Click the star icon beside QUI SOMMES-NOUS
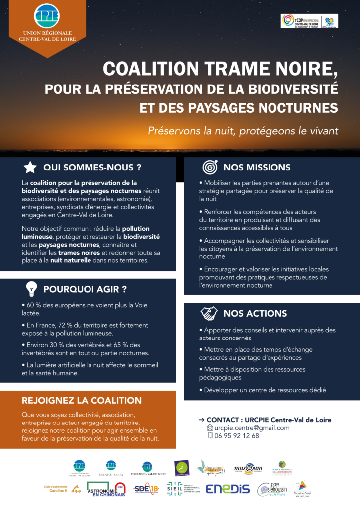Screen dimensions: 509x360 [30, 167]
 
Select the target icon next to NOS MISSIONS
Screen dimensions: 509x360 [209, 167]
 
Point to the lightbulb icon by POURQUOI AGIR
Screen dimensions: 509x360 [31, 289]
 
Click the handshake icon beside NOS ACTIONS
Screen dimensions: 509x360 [209, 313]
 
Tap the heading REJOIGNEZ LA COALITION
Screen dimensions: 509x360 [82, 400]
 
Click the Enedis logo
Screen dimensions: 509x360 [228, 489]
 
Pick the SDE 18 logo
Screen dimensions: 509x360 [146, 489]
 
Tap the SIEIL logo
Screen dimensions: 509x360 [183, 489]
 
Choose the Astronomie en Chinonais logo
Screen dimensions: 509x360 [105, 489]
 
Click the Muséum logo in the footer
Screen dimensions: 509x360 [248, 468]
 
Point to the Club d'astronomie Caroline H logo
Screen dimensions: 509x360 [63, 489]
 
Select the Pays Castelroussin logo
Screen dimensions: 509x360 [272, 489]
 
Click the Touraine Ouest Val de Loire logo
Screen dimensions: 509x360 [303, 488]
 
